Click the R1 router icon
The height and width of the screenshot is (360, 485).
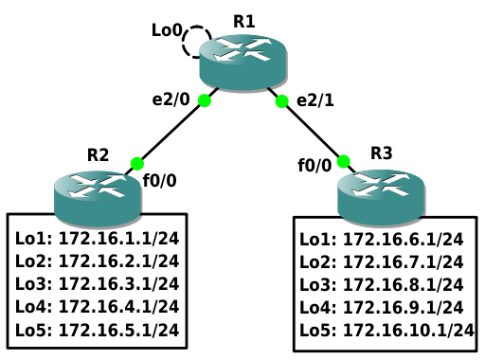[x=243, y=63]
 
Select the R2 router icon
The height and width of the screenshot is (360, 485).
[x=98, y=199]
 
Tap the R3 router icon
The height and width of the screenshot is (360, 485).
[x=381, y=198]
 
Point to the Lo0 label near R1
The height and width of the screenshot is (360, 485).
[x=167, y=30]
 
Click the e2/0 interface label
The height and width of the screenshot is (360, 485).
[x=171, y=99]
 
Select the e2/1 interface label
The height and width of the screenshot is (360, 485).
[x=315, y=100]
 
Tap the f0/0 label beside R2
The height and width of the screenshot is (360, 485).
[x=159, y=181]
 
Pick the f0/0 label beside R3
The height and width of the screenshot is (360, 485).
[x=314, y=165]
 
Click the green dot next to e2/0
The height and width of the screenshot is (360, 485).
[x=205, y=100]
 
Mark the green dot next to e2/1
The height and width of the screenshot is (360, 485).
[x=281, y=101]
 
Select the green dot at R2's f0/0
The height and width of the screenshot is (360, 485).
[x=137, y=164]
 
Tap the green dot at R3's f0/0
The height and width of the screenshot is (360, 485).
[x=344, y=161]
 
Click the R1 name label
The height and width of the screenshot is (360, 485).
[x=244, y=22]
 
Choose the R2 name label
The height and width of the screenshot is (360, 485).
[x=98, y=154]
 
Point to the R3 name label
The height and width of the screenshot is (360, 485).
[x=382, y=153]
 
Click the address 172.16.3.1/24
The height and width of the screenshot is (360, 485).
[x=119, y=283]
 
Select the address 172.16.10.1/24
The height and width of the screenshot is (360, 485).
[x=408, y=331]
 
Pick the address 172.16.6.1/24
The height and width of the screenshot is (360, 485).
[x=404, y=239]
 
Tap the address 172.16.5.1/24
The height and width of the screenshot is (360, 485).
[x=119, y=330]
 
